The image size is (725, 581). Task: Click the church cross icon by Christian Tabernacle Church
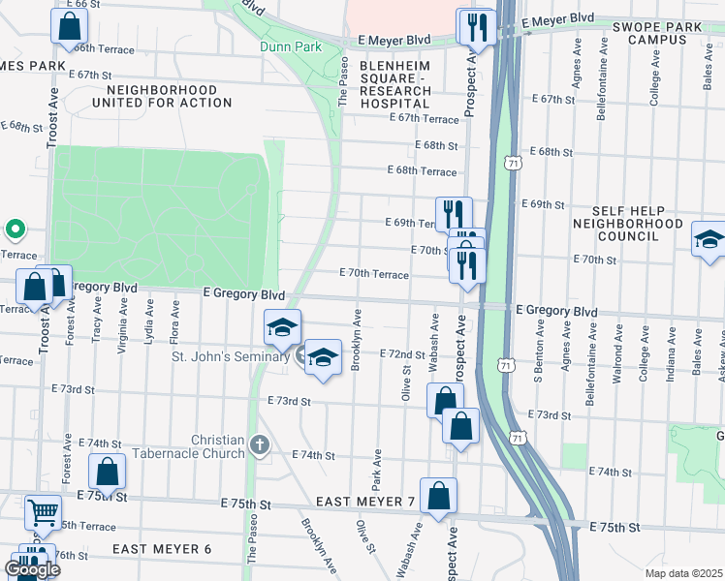click(x=259, y=445)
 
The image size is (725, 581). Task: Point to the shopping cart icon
click(x=42, y=511)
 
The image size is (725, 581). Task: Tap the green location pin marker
click(x=15, y=230)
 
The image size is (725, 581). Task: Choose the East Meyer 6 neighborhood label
click(x=161, y=549)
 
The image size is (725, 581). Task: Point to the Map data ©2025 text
click(x=683, y=573)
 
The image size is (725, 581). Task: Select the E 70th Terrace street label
click(x=373, y=274)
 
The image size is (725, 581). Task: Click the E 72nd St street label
click(x=402, y=354)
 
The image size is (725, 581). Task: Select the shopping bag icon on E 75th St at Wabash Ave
click(x=438, y=494)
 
